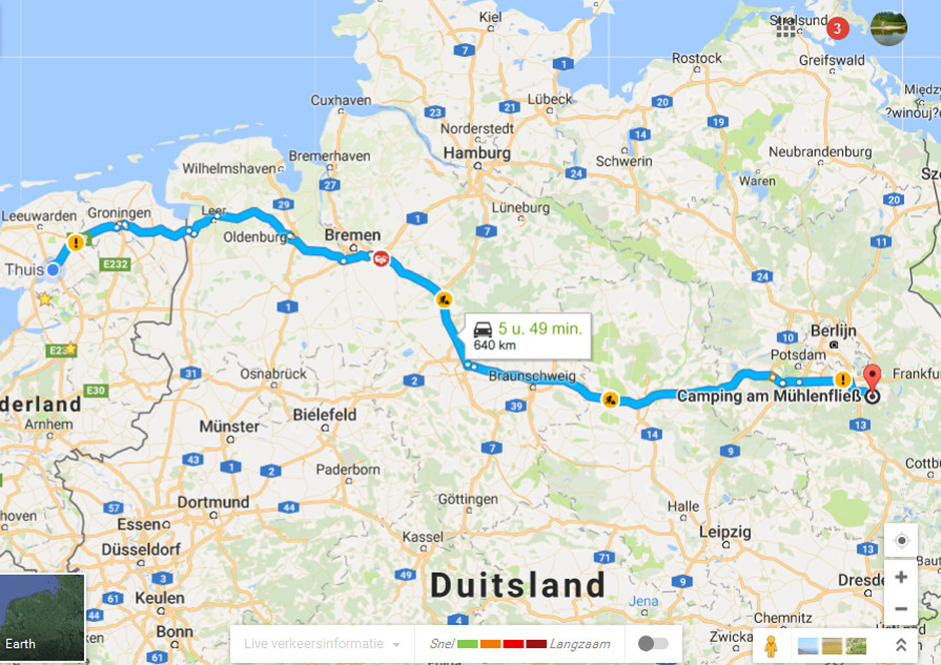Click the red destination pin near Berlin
click(872, 377)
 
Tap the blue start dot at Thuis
click(52, 270)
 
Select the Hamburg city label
click(476, 153)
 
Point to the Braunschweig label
click(532, 376)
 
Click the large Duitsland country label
click(518, 585)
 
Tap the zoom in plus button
click(900, 577)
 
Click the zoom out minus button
click(900, 610)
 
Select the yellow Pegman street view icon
click(771, 646)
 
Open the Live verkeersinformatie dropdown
click(322, 644)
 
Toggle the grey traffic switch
click(653, 644)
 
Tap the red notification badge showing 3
click(837, 29)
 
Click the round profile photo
click(889, 29)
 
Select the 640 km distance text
click(494, 345)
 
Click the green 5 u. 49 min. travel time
click(539, 328)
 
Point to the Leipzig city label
click(725, 532)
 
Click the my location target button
click(900, 541)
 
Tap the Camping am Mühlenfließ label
click(768, 396)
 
